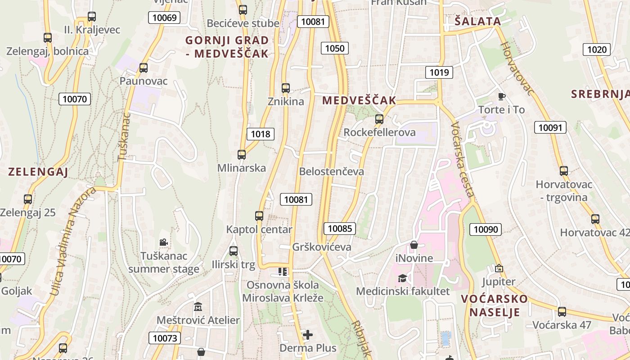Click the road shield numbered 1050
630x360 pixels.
[335, 49]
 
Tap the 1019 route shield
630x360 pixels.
[439, 72]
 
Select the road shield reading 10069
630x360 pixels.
[164, 18]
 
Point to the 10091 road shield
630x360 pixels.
[550, 127]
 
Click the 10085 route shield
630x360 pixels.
[340, 228]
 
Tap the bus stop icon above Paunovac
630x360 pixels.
[144, 68]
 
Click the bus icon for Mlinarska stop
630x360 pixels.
[242, 155]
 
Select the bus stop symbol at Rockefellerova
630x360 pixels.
[379, 119]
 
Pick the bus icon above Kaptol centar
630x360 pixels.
[259, 216]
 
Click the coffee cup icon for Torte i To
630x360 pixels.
[502, 96]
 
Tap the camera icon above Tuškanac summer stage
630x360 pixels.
[163, 243]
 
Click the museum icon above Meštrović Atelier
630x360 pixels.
[198, 307]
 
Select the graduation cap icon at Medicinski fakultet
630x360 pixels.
[402, 278]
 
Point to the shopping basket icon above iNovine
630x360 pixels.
[414, 245]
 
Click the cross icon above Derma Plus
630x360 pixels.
[308, 335]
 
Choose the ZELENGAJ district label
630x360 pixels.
[38, 171]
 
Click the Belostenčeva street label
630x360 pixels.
[332, 171]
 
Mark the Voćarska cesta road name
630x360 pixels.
[462, 160]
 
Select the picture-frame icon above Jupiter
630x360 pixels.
[499, 269]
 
